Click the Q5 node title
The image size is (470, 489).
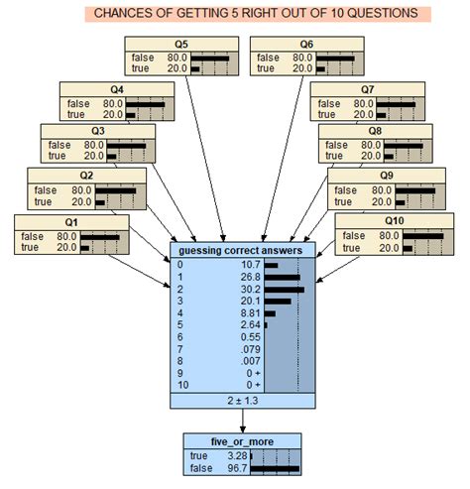coord(181,45)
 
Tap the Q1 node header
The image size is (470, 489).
coord(68,222)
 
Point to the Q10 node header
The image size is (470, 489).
coord(395,221)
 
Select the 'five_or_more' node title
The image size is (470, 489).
coord(242,441)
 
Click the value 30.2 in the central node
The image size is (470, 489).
coord(247,292)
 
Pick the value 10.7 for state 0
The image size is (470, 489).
coord(247,265)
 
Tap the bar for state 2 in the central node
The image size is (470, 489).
coord(284,292)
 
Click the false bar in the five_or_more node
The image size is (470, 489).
coord(275,468)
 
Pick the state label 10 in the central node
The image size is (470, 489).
coord(180,384)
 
